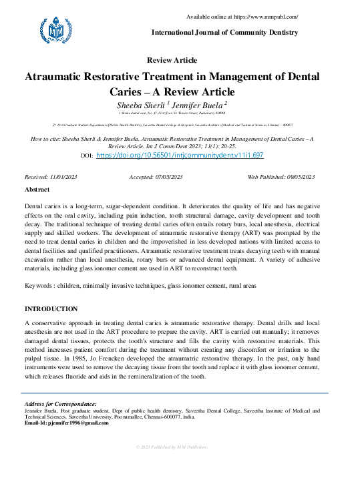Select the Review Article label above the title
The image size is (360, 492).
pyautogui.click(x=172, y=60)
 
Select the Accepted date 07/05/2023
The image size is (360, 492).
pyautogui.click(x=168, y=177)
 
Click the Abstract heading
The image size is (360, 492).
pyautogui.click(x=37, y=190)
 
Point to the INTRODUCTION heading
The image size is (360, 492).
pyautogui.click(x=51, y=309)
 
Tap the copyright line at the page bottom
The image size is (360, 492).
pyautogui.click(x=172, y=446)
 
